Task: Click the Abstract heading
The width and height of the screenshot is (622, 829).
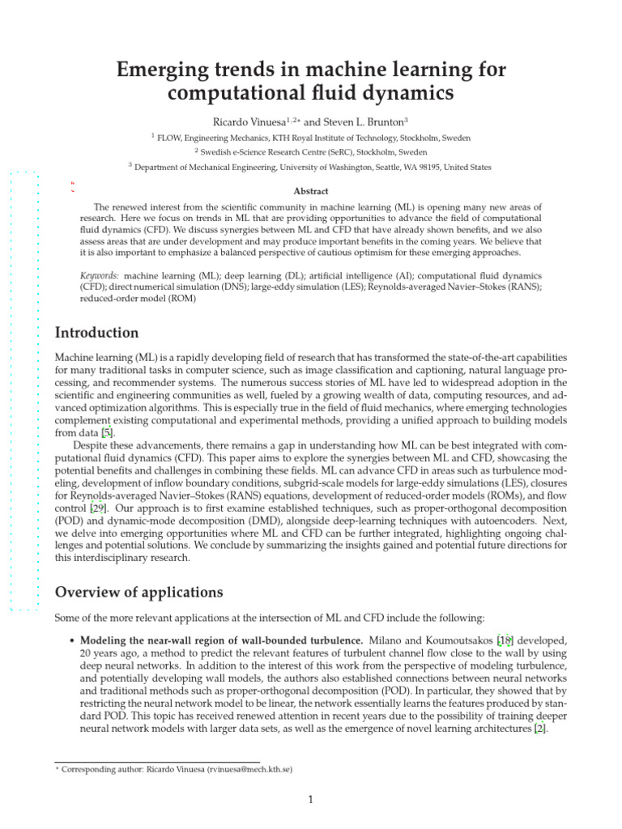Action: pyautogui.click(x=311, y=191)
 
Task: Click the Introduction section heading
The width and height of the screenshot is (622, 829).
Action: pyautogui.click(x=96, y=333)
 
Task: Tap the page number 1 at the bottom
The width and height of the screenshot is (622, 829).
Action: pyautogui.click(x=310, y=801)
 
